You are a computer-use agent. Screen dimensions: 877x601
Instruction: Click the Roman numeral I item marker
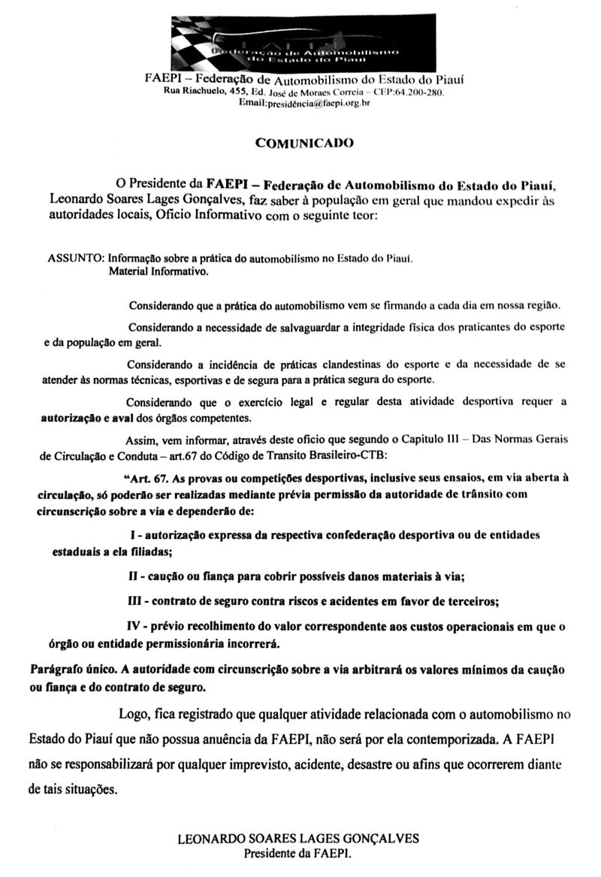click(x=131, y=534)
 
